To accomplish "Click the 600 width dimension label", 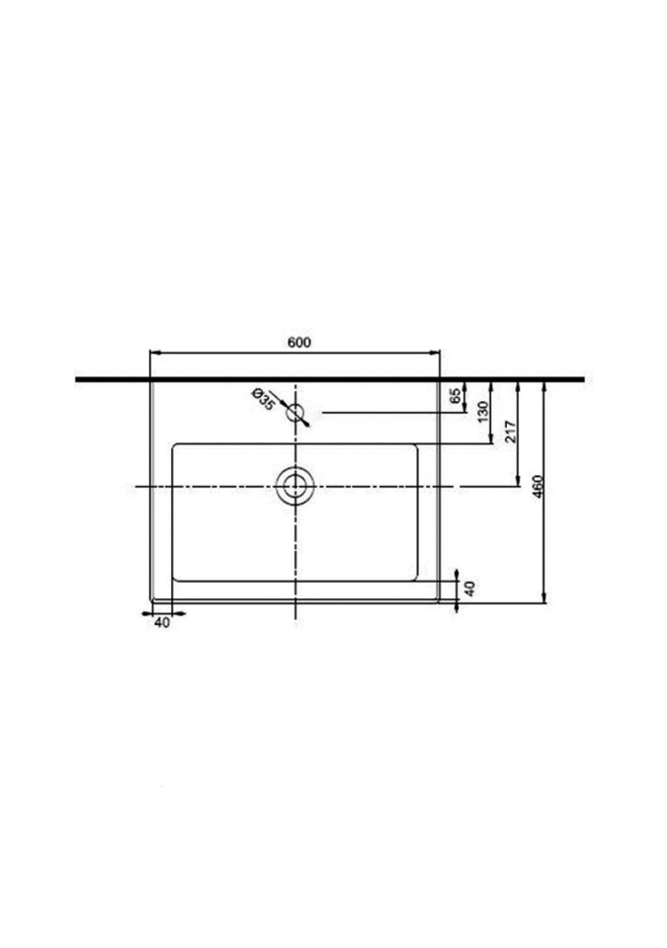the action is (x=299, y=343).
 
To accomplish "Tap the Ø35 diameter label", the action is (x=263, y=398).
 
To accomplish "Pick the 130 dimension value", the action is (x=483, y=413).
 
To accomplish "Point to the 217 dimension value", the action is (x=510, y=432).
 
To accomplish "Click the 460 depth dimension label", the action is (x=539, y=486).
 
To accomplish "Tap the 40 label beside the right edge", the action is (x=470, y=589).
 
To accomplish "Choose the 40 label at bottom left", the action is (x=162, y=622).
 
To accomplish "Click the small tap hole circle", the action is (x=294, y=413).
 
